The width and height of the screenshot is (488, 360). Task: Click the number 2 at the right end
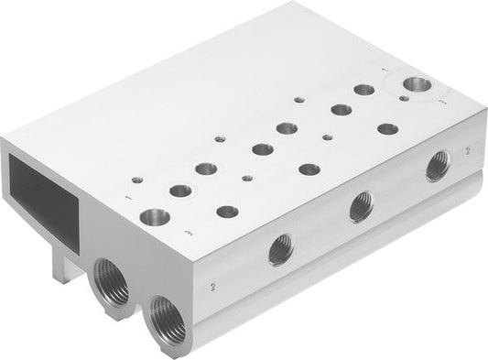467,148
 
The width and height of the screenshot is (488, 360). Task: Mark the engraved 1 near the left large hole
125,194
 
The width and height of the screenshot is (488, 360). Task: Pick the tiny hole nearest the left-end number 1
137,180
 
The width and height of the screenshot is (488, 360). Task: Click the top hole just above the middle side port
309,169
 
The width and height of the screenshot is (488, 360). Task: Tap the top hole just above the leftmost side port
225,212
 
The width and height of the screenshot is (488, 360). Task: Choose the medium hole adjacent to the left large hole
180,191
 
